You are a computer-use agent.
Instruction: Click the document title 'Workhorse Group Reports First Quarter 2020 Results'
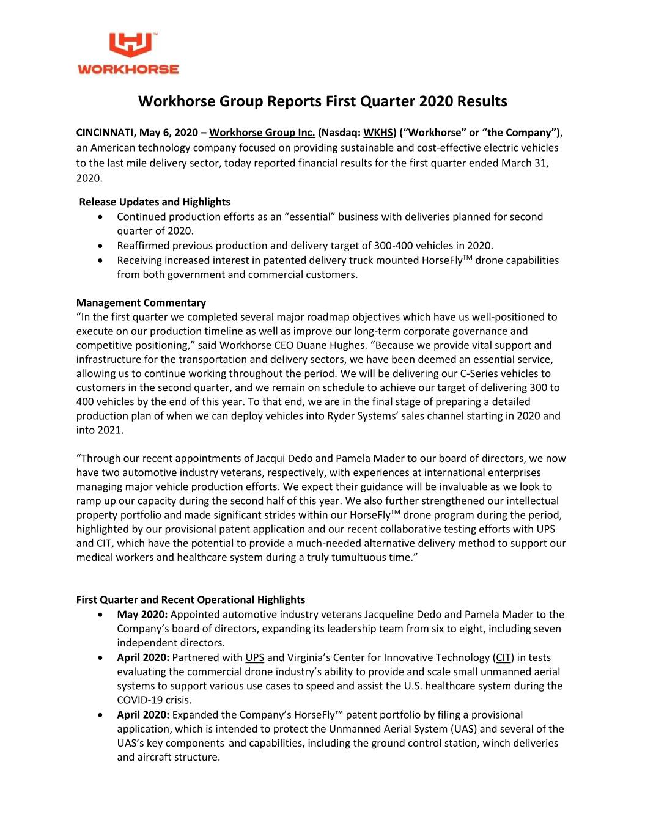click(x=322, y=101)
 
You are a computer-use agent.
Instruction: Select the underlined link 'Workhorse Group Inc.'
click(x=262, y=133)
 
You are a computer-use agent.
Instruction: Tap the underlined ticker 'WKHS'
click(x=378, y=133)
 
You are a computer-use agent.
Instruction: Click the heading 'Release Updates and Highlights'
click(x=155, y=202)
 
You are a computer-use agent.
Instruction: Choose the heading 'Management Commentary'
click(x=141, y=302)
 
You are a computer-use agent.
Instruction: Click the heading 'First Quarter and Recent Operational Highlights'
click(x=191, y=599)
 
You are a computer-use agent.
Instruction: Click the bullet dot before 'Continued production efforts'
click(x=100, y=217)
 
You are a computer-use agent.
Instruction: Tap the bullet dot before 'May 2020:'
click(x=100, y=615)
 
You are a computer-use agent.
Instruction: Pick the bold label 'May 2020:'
click(x=142, y=615)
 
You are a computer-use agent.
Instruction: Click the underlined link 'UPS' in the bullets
click(x=254, y=657)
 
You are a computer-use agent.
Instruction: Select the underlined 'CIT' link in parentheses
click(x=503, y=657)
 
